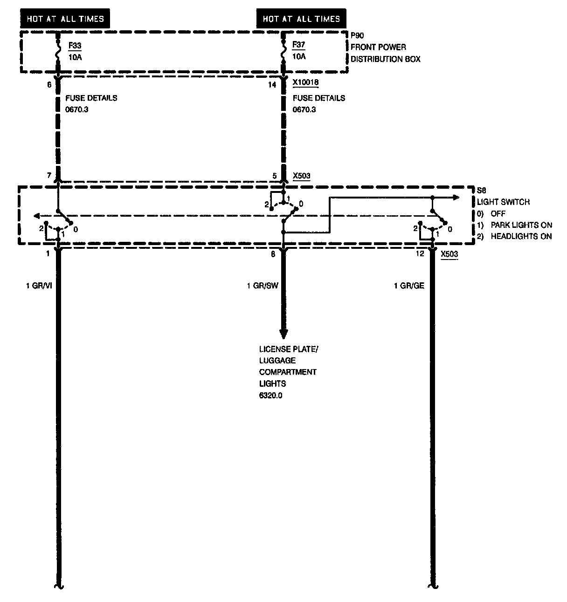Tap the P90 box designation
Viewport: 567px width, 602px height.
tap(357, 35)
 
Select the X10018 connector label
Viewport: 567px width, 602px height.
tap(305, 83)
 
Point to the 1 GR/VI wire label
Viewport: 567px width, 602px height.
tap(39, 286)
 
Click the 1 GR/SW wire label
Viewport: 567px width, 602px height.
tap(263, 286)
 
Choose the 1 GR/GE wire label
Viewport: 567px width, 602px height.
tap(409, 286)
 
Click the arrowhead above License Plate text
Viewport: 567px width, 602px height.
tap(283, 334)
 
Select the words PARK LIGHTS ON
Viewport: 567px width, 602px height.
tap(521, 225)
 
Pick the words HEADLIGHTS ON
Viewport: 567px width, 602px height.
tap(521, 236)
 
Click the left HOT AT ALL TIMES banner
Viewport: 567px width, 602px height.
tap(65, 19)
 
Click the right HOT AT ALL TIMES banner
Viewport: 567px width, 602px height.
tap(301, 19)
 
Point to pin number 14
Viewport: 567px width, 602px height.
tap(272, 85)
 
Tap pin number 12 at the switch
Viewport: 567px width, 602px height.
tap(420, 253)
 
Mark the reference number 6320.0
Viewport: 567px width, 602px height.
tap(271, 396)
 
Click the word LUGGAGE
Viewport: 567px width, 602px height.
tap(277, 361)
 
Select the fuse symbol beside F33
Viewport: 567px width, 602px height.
tap(58, 50)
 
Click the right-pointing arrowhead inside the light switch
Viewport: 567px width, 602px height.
tap(456, 198)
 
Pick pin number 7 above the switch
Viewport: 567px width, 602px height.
tap(48, 176)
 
